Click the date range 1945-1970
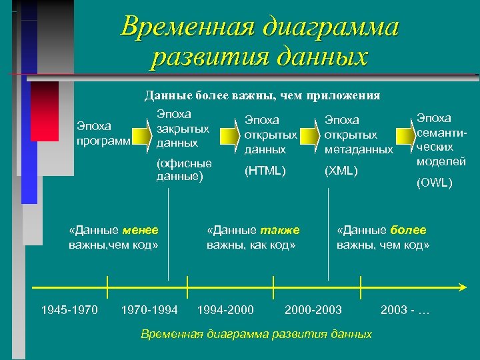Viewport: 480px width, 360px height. point(69,309)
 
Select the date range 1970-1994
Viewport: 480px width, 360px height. point(149,309)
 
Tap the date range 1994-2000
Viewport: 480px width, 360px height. point(225,309)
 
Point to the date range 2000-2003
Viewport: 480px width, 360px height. point(313,309)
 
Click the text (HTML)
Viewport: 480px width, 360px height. point(265,171)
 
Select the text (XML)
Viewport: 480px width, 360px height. point(341,171)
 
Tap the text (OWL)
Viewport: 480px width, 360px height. point(434,182)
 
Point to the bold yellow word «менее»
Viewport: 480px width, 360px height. point(141,230)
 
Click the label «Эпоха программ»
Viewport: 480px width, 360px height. point(104,132)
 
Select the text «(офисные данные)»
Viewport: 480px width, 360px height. point(184,170)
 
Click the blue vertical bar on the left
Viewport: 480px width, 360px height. point(29,167)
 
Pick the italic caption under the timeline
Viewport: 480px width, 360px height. point(257,333)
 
